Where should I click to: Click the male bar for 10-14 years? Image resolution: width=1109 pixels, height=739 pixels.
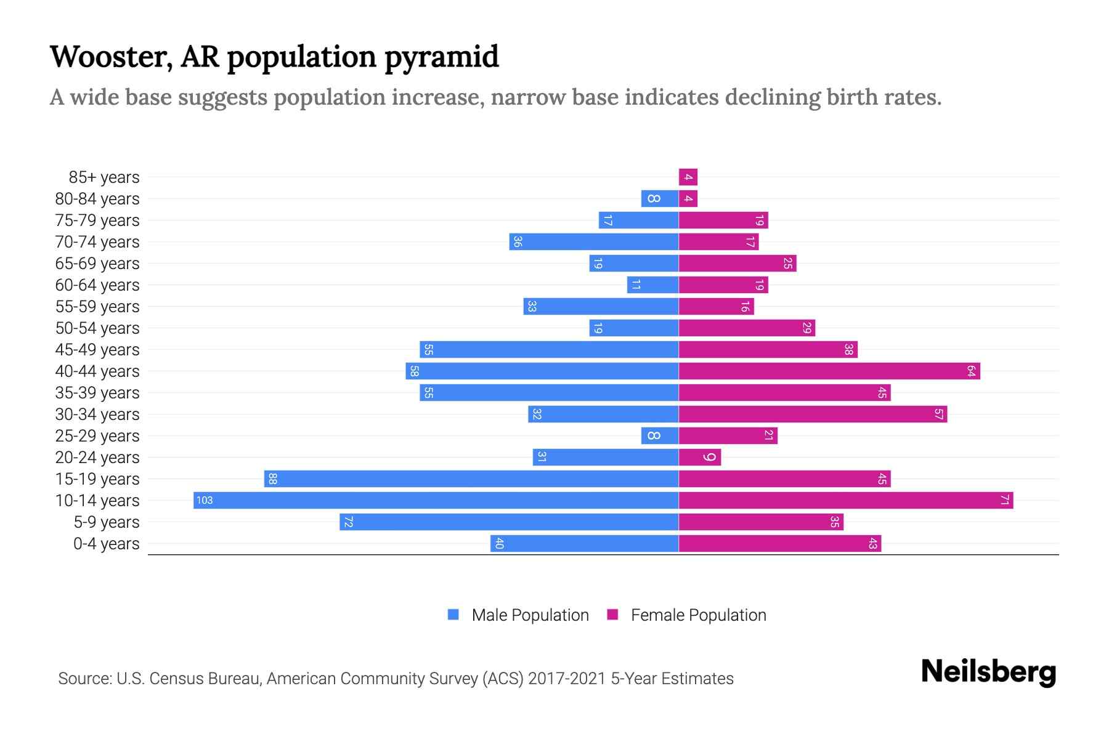click(x=436, y=500)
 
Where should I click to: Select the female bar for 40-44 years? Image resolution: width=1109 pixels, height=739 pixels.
click(x=829, y=371)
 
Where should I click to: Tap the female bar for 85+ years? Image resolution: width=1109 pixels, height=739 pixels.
click(x=688, y=177)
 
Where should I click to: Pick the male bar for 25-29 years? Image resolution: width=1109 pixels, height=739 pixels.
click(x=660, y=436)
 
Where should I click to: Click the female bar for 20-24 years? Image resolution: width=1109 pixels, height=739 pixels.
click(x=699, y=458)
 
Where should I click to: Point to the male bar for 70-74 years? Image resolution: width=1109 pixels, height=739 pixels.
click(x=594, y=242)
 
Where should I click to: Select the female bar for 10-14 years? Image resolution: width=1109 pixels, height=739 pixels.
click(x=845, y=500)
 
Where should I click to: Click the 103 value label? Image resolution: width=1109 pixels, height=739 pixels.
click(x=205, y=500)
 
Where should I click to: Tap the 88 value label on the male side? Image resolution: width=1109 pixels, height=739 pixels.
click(x=272, y=479)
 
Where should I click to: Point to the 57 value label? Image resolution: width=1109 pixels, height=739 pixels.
click(x=938, y=414)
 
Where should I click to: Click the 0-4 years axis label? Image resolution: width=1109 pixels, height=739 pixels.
click(x=106, y=544)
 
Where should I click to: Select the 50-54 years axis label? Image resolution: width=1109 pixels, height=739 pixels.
click(x=97, y=328)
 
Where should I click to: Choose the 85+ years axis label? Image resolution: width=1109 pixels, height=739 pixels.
click(x=104, y=177)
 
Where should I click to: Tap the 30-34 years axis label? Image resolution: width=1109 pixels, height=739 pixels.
click(x=97, y=414)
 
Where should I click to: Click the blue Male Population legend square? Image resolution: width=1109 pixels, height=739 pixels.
click(x=453, y=615)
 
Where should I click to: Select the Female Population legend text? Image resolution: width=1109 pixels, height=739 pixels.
click(x=698, y=615)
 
